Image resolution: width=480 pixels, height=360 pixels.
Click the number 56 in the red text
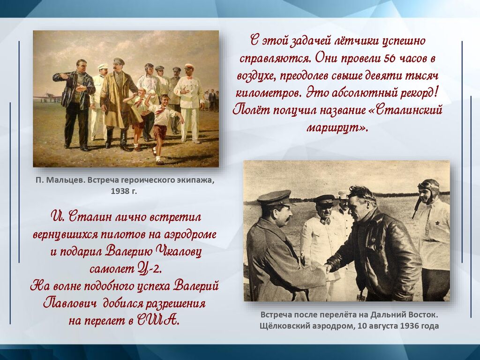point(390,58)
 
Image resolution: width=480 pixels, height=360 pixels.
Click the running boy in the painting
point(163,129)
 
